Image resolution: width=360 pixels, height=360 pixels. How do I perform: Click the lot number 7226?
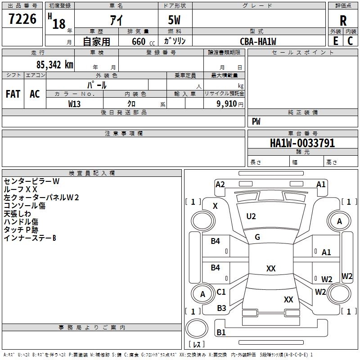[22, 19]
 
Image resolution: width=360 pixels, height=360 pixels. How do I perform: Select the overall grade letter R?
[343, 20]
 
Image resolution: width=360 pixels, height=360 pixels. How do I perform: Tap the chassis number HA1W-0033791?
[302, 143]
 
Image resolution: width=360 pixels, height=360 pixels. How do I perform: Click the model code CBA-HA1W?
[258, 41]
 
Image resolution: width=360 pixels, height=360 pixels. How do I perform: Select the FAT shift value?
[13, 94]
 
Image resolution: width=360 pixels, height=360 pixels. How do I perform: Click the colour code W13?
[74, 104]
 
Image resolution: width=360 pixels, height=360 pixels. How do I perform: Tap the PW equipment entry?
[256, 121]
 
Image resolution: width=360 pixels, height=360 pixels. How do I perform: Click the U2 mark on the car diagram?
[251, 216]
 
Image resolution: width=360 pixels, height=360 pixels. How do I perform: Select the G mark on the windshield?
[257, 237]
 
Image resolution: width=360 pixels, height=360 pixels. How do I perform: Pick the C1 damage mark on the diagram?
[221, 292]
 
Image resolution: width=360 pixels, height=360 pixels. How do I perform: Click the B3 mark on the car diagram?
[221, 308]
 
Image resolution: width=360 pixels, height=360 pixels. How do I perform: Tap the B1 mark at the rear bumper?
[221, 333]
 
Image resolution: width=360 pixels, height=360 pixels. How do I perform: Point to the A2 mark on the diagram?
[220, 184]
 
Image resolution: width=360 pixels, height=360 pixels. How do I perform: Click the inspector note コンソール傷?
[24, 206]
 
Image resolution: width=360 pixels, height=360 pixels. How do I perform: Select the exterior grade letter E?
[336, 41]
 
